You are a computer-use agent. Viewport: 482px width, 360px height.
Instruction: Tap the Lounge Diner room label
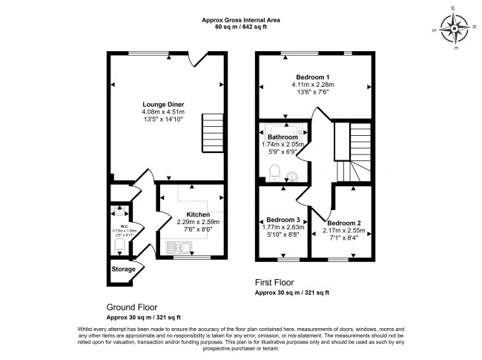[x=164, y=104]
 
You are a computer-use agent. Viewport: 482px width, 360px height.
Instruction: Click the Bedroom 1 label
[x=312, y=77]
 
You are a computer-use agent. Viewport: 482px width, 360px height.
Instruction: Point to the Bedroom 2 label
[x=344, y=223]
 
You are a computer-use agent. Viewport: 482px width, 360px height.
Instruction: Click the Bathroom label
[x=283, y=137]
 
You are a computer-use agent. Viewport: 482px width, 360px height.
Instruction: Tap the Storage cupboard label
[x=124, y=269]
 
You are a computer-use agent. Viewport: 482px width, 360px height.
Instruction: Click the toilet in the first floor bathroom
[x=274, y=172]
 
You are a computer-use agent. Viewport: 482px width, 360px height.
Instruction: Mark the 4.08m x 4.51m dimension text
[x=164, y=112]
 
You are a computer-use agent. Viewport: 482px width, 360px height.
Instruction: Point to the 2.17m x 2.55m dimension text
[x=344, y=232]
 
